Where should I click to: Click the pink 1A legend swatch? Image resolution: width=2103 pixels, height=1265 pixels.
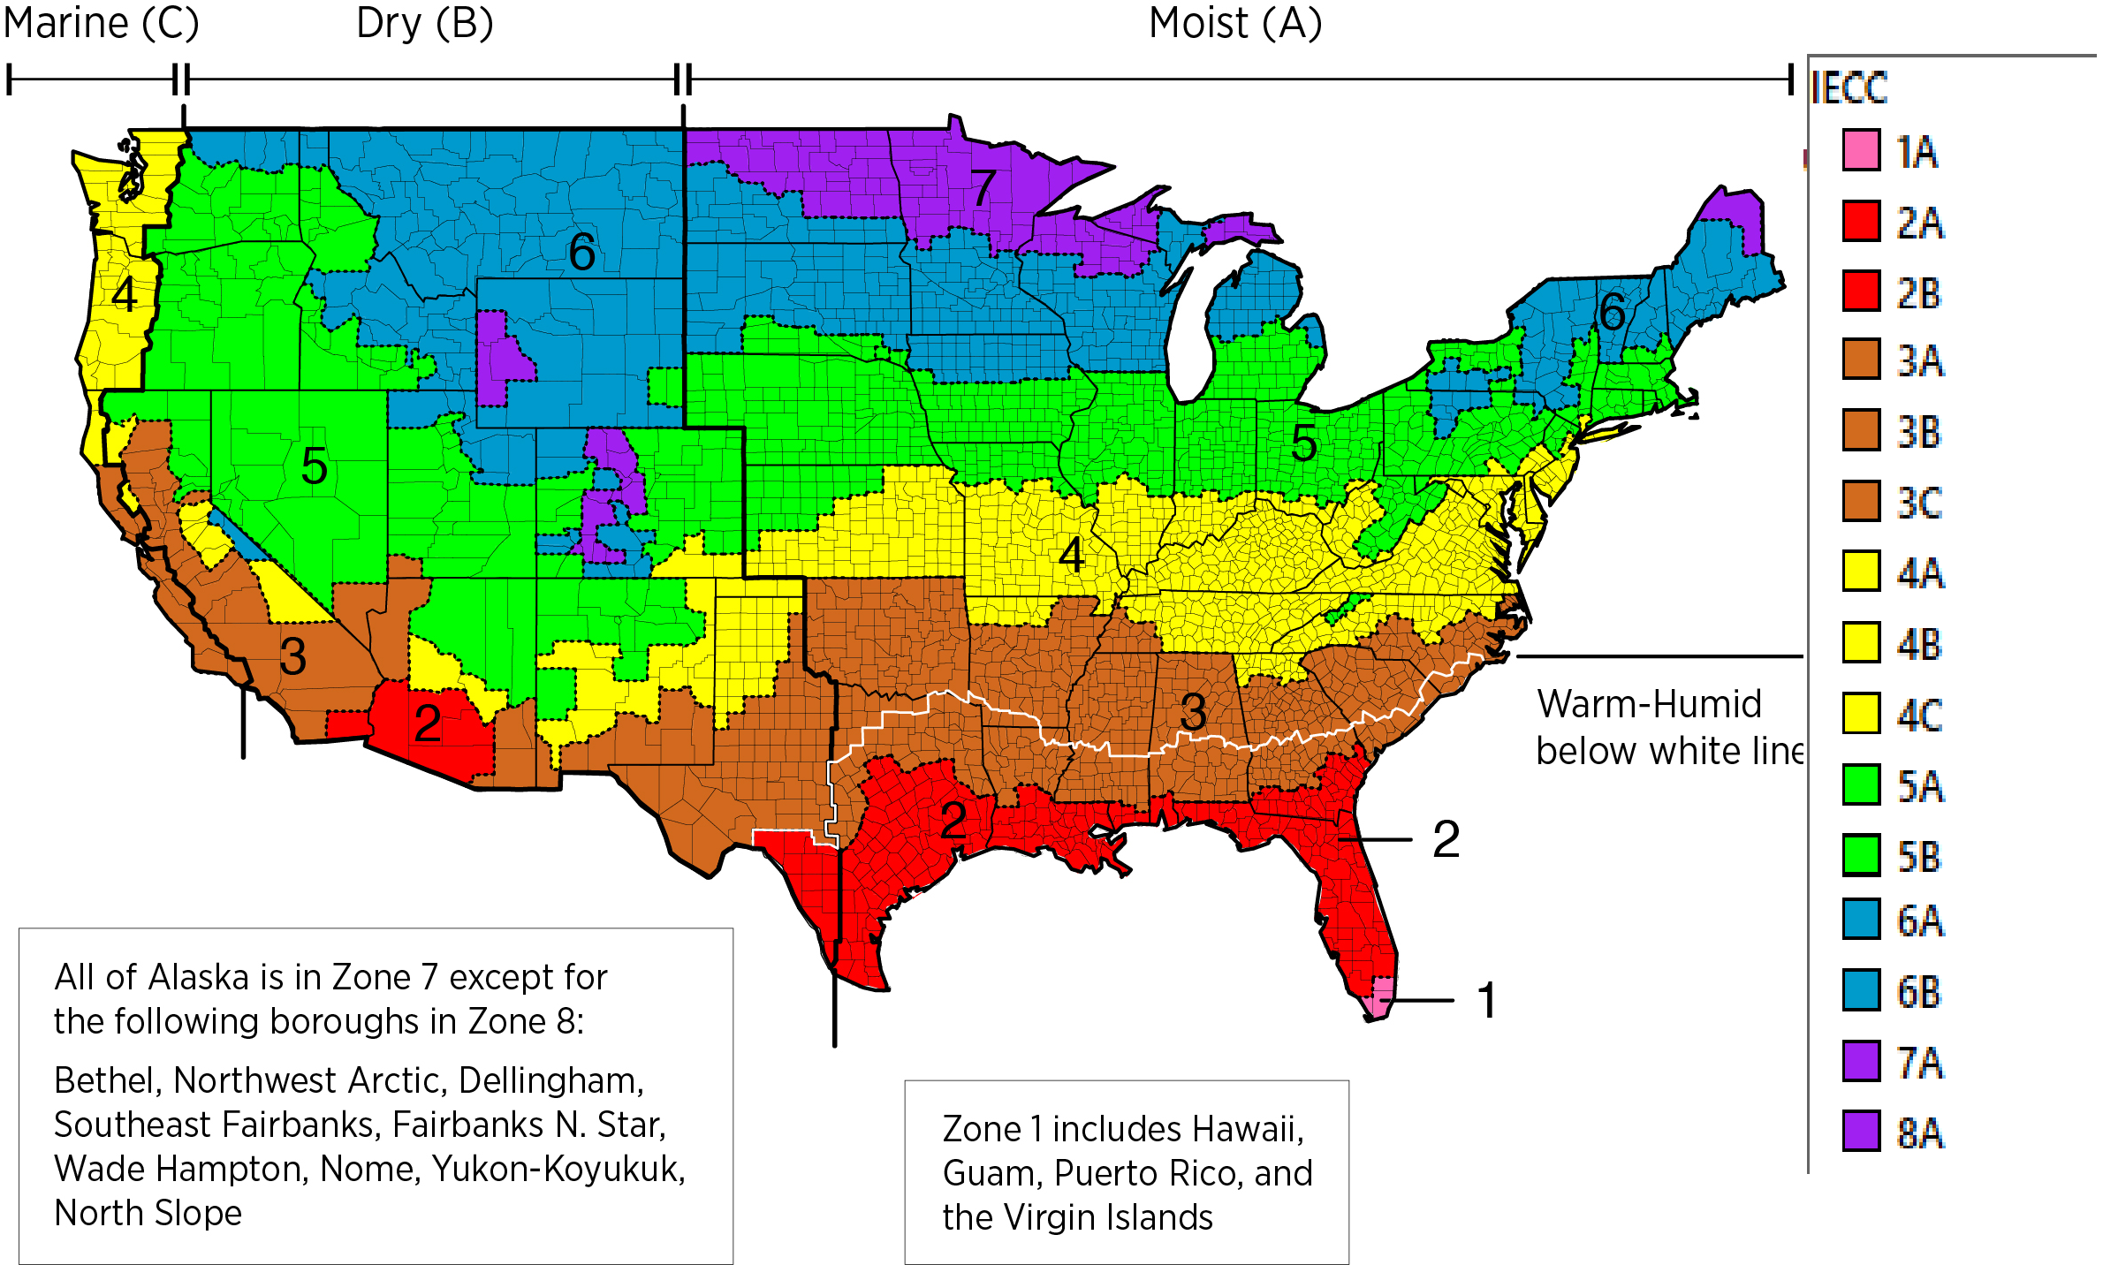[1861, 150]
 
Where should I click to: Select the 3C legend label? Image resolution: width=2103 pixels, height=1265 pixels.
[1919, 504]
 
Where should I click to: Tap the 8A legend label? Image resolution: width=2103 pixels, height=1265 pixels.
[1920, 1132]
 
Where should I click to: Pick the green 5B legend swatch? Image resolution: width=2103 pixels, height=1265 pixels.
[1861, 855]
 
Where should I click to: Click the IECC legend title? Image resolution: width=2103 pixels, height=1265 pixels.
[1849, 88]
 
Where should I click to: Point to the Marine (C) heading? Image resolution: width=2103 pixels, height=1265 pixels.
[101, 23]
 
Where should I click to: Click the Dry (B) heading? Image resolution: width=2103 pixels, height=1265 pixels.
[424, 23]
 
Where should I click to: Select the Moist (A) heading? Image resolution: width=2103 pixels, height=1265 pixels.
[1235, 23]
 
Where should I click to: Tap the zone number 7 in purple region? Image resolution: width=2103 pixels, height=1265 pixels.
[984, 187]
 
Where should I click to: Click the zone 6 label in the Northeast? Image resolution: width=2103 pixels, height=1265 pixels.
[1612, 312]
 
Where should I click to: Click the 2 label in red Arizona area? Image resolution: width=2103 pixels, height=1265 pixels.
[428, 723]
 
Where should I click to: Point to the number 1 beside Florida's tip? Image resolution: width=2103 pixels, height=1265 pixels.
[1487, 1000]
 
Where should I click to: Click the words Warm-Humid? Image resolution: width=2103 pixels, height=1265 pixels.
[1649, 704]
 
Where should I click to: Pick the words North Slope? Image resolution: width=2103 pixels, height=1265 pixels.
[148, 1213]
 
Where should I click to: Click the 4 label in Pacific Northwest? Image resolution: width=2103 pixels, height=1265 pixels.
[125, 295]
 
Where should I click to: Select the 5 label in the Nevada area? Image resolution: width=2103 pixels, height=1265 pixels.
[314, 466]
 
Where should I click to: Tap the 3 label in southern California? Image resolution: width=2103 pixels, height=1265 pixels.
[292, 656]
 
